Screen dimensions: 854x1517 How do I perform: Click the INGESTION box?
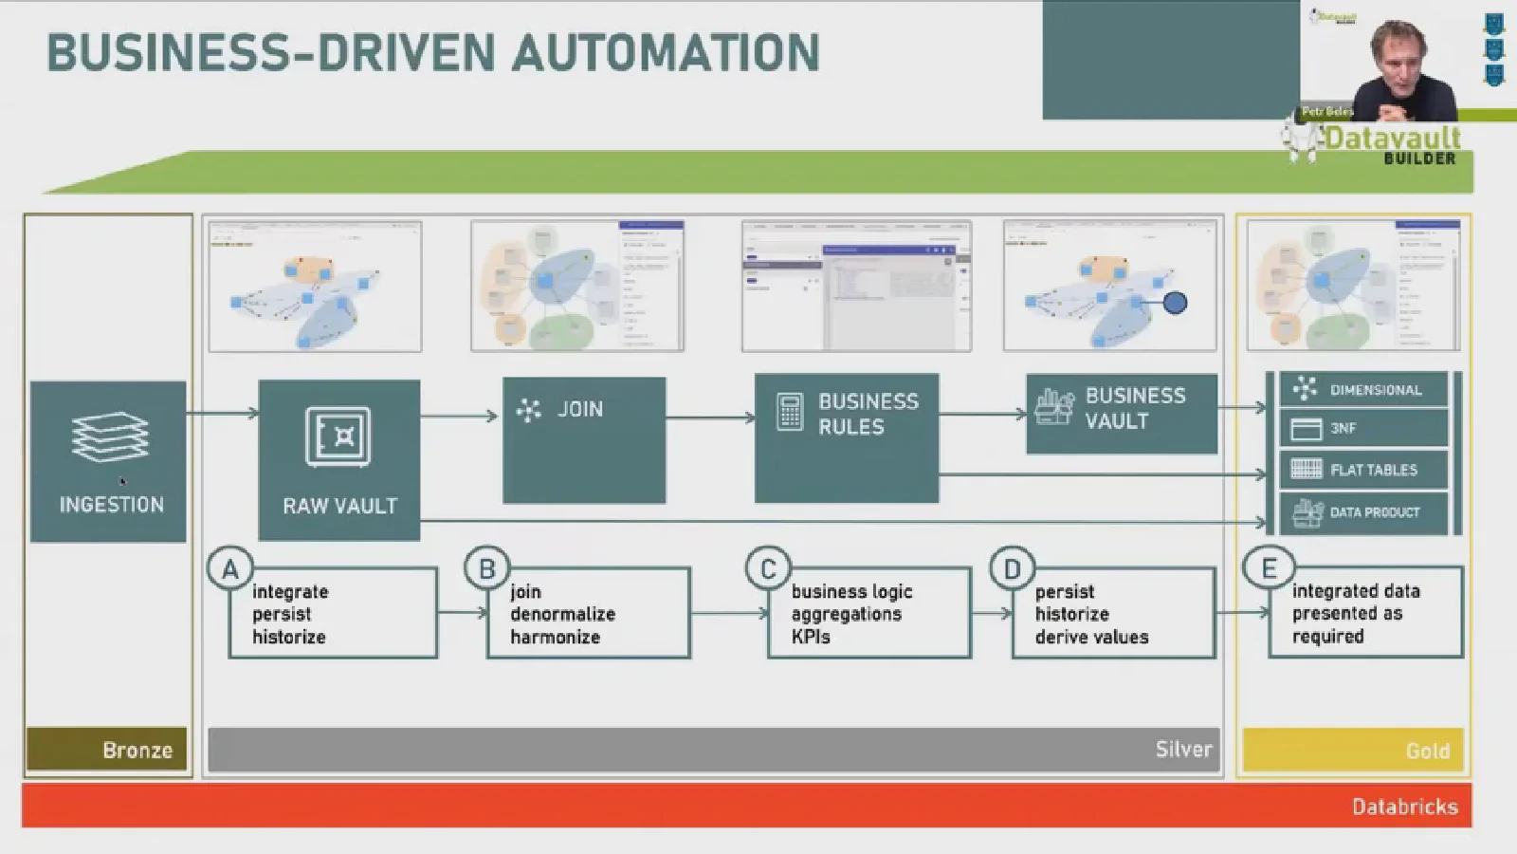pyautogui.click(x=108, y=462)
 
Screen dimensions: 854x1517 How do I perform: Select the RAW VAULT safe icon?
pyautogui.click(x=338, y=436)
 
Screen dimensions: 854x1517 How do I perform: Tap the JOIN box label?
pyautogui.click(x=579, y=409)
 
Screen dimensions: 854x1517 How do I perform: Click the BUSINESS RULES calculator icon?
pyautogui.click(x=789, y=413)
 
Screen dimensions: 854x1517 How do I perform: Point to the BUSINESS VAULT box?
pyautogui.click(x=1122, y=413)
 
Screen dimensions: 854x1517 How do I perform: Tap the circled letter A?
pyautogui.click(x=229, y=569)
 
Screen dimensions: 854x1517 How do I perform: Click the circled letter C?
pyautogui.click(x=768, y=569)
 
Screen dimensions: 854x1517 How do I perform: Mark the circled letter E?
pyautogui.click(x=1269, y=568)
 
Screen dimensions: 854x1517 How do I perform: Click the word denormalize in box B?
pyautogui.click(x=562, y=614)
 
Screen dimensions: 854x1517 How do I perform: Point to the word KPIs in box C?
pyautogui.click(x=811, y=637)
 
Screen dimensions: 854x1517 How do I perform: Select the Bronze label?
pyautogui.click(x=137, y=750)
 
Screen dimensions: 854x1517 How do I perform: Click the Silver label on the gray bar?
pyautogui.click(x=1183, y=749)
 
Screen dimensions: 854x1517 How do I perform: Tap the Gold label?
pyautogui.click(x=1427, y=751)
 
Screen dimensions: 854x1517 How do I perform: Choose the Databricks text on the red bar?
pyautogui.click(x=1404, y=807)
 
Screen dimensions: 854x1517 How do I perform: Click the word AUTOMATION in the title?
pyautogui.click(x=666, y=53)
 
